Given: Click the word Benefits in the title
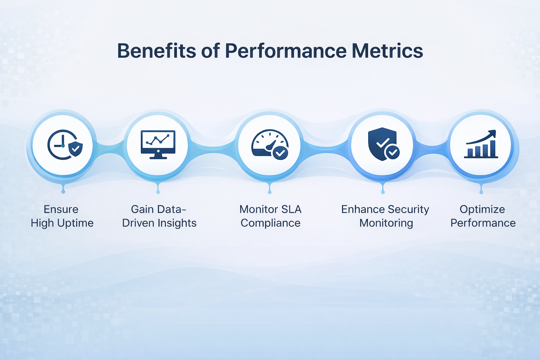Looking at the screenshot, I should (156, 51).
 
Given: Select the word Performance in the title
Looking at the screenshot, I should (286, 51).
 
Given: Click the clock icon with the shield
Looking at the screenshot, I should (65, 145).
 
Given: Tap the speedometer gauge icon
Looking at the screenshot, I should (270, 145).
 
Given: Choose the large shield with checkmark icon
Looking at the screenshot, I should (383, 144).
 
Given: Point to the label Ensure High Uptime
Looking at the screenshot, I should (62, 216).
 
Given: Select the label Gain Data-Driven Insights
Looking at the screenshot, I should (159, 216).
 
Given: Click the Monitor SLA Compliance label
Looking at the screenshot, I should (270, 216).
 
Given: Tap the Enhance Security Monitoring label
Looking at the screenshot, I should (385, 216).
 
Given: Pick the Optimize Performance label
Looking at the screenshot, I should (483, 216).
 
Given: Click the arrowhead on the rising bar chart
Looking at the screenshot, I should (492, 134).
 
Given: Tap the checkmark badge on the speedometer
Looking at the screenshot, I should (280, 153).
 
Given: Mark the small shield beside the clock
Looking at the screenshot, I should (75, 149).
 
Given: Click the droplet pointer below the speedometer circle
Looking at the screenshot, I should (270, 189).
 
